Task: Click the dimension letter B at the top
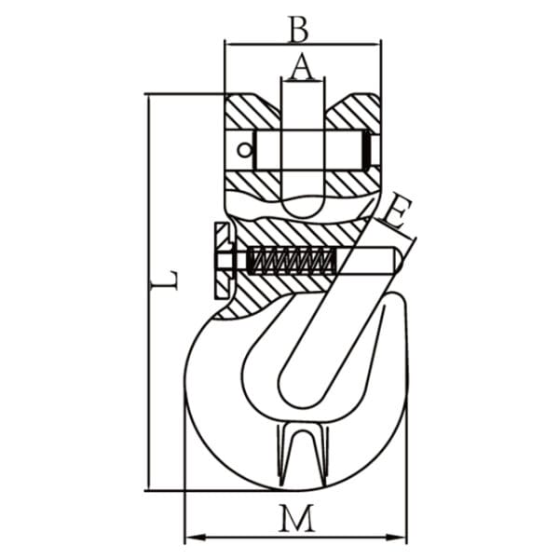(x=298, y=30)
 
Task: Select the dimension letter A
(x=301, y=66)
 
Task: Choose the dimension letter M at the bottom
(x=296, y=518)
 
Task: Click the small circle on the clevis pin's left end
(x=244, y=149)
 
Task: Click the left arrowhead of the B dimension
(x=229, y=42)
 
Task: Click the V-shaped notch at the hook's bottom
(x=298, y=457)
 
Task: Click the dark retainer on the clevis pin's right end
(x=367, y=149)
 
